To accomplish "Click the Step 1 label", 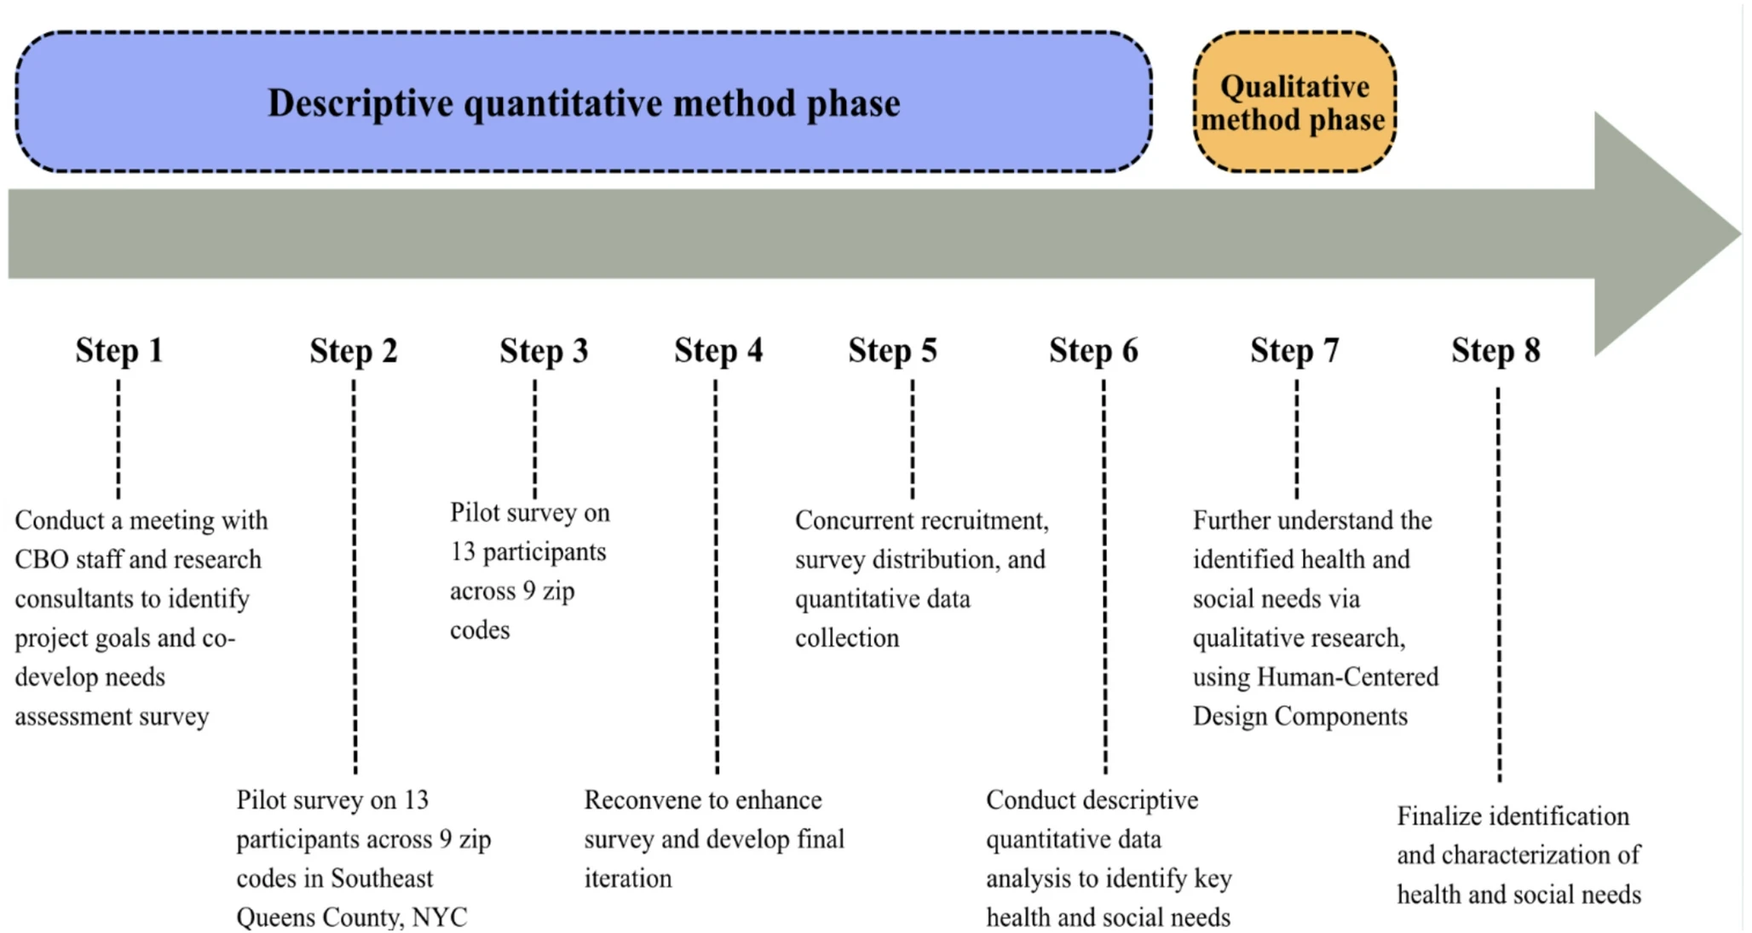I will pos(118,350).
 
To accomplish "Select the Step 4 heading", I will pos(718,350).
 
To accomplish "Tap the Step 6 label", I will pos(1092,350).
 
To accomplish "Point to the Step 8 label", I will pos(1496,350).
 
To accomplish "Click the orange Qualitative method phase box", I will pos(1294,102).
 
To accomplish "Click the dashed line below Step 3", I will pos(535,439).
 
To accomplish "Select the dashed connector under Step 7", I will pos(1297,439).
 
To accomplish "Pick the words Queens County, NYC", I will pos(351,917).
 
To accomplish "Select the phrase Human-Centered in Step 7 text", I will pos(1347,677).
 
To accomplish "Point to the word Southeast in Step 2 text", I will pos(382,878).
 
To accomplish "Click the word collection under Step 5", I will pos(846,638).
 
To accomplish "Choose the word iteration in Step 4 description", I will pos(627,878).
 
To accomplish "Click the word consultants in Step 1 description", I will pos(71,599).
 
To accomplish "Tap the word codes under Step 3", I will pos(480,631).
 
